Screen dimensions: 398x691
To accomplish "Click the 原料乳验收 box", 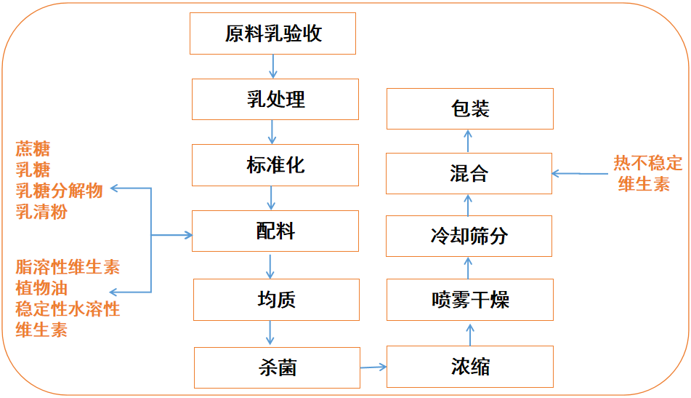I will (273, 33).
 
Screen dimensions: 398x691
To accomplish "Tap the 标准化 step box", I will (275, 165).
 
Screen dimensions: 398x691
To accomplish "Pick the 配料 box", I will (275, 231).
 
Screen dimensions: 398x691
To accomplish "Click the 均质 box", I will (276, 299).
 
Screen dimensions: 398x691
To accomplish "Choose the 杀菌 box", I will (277, 367).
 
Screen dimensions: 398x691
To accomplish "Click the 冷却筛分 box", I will (469, 236).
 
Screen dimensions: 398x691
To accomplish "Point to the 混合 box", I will (469, 173).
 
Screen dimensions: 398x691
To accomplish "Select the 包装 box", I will (469, 109).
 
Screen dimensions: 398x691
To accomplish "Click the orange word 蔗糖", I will (33, 150).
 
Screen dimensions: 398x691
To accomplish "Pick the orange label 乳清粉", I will (41, 212).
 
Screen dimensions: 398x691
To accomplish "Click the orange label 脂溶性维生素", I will (68, 267).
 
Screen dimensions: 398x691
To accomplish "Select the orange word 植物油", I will (41, 288).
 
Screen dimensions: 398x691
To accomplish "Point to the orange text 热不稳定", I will (648, 163).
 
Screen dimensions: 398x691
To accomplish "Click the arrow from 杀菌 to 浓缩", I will (373, 367).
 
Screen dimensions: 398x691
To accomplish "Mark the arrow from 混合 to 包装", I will (469, 141).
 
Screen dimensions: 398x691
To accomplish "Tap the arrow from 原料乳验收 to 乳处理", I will (274, 66).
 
